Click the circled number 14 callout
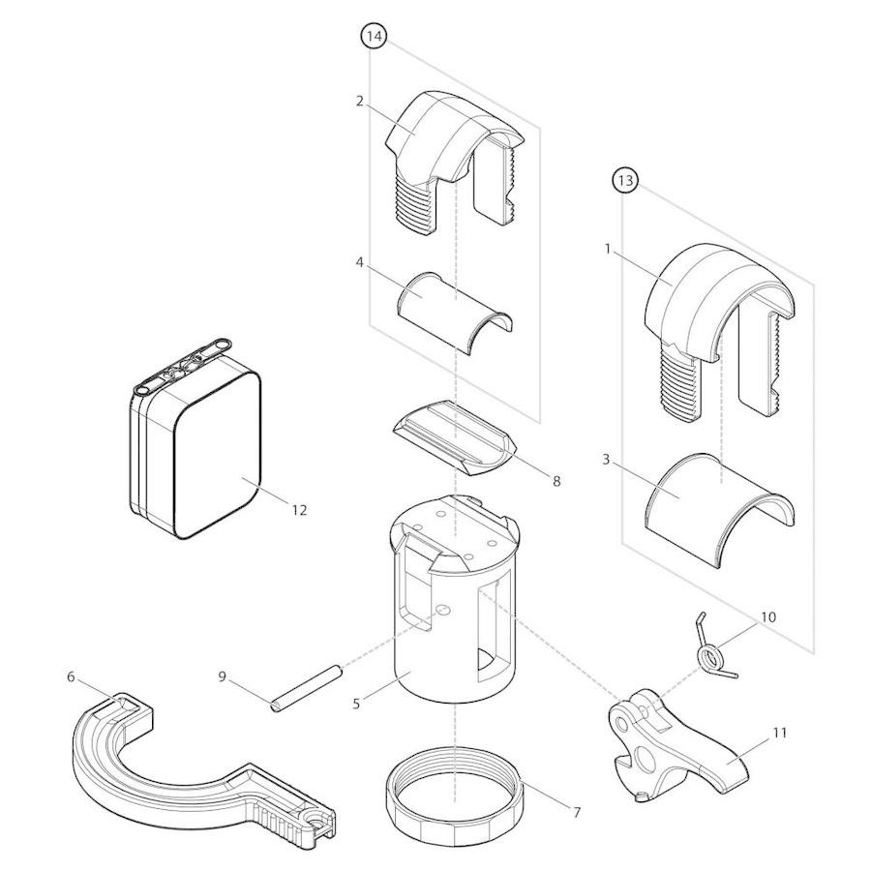[374, 36]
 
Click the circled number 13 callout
[625, 180]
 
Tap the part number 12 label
[299, 509]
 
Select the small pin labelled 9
[306, 688]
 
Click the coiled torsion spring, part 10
[713, 651]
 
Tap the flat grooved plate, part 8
[456, 437]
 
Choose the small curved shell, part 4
[455, 313]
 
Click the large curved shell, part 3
[719, 509]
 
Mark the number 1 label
[608, 249]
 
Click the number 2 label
[359, 101]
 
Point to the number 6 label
[71, 677]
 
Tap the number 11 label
[780, 733]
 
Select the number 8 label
[556, 481]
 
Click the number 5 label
[356, 704]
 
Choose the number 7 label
[577, 813]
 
